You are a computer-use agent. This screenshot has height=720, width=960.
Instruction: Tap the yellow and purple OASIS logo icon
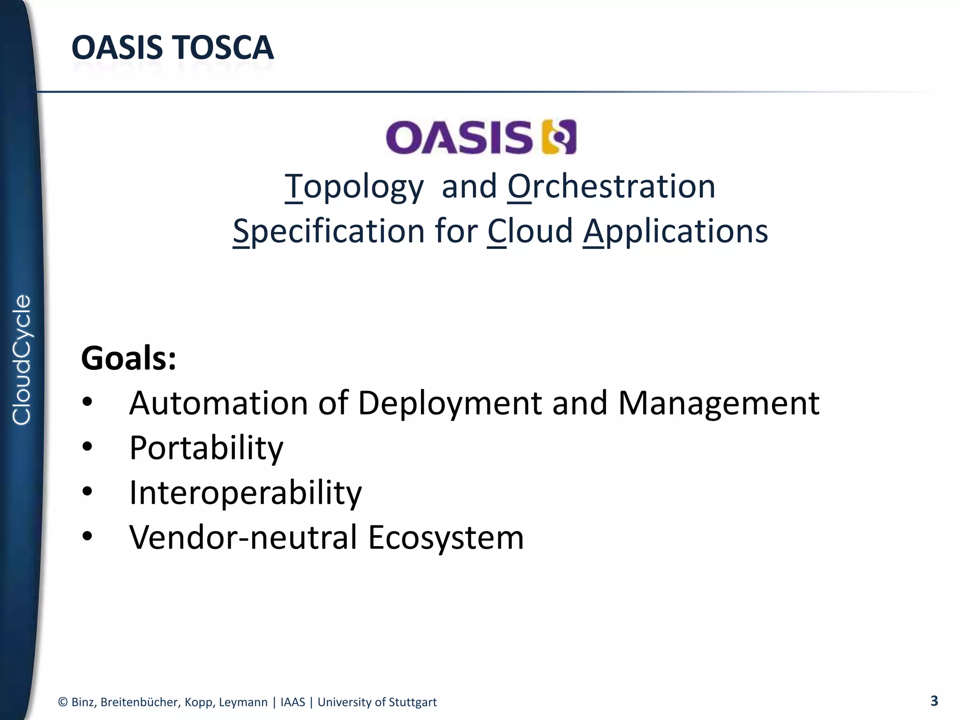coord(559,137)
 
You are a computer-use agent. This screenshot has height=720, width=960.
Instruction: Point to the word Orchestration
coord(611,187)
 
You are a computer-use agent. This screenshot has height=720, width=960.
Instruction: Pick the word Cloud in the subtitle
coord(530,232)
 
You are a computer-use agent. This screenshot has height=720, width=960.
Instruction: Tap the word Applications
coord(675,232)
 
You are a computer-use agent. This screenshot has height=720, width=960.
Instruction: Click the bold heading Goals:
coord(128,358)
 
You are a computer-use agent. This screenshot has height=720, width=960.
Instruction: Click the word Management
coord(719,403)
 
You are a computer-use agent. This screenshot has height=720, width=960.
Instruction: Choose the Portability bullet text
coord(206,448)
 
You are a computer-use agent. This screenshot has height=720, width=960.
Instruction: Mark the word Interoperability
coord(245,493)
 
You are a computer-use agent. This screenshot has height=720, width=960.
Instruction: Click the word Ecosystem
coord(445,537)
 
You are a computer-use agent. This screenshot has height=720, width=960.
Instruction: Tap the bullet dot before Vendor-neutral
coord(87,536)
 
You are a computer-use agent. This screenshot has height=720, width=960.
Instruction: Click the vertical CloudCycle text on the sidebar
coord(22,360)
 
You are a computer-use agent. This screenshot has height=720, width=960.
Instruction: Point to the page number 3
coord(934,701)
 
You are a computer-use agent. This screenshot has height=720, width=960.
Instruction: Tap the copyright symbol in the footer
coord(63,702)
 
